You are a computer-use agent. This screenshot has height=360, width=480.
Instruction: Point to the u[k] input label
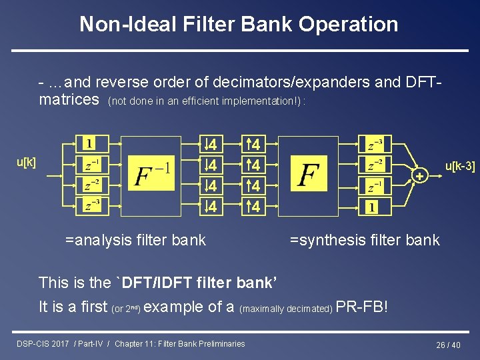click(x=26, y=162)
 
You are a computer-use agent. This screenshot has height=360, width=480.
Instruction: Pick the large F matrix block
click(x=309, y=175)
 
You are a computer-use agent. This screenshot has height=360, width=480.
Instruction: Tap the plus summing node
click(x=419, y=175)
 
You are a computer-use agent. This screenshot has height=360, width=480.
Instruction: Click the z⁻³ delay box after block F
click(x=375, y=144)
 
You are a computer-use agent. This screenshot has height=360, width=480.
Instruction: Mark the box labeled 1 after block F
click(x=371, y=207)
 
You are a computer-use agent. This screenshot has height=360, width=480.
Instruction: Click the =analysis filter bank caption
click(x=135, y=239)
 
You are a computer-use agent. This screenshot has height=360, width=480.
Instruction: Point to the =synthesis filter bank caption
click(x=365, y=239)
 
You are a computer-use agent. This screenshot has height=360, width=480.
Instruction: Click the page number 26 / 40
click(x=448, y=345)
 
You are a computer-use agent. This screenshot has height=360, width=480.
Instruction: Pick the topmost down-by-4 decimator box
click(x=210, y=144)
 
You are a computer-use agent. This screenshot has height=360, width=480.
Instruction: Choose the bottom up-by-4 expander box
click(x=253, y=207)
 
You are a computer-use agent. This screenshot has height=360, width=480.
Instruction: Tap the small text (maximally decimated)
click(x=286, y=309)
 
